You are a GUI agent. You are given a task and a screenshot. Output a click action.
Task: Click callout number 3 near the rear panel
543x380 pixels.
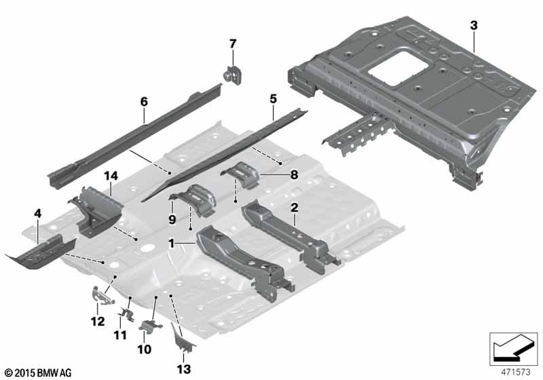[x=473, y=25]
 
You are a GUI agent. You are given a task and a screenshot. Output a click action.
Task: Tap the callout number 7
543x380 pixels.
[x=233, y=43]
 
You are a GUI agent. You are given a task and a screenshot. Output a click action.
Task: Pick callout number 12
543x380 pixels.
[x=97, y=321]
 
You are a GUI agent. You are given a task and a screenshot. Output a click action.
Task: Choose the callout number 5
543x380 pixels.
[x=273, y=98]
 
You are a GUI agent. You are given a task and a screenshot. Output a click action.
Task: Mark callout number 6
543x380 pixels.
[x=144, y=102]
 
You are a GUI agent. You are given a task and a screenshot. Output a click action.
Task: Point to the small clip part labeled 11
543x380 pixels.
[x=127, y=313]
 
